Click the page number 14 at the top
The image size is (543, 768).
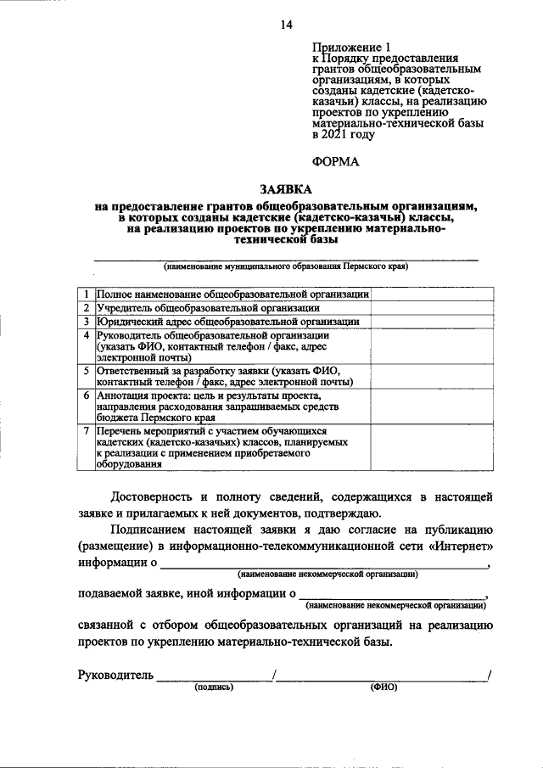pyautogui.click(x=286, y=25)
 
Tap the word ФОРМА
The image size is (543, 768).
pyautogui.click(x=335, y=160)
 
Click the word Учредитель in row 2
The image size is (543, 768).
pyautogui.click(x=126, y=307)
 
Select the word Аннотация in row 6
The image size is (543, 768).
pyautogui.click(x=126, y=395)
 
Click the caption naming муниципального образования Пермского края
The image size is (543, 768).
pyautogui.click(x=286, y=266)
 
